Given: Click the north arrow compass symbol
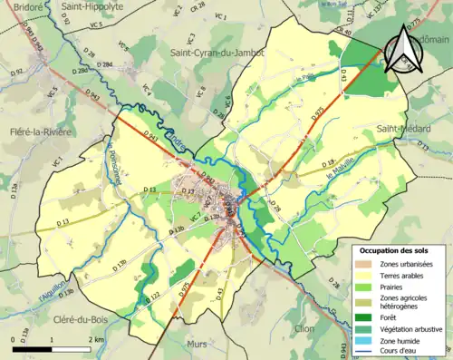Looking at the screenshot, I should click(401, 47).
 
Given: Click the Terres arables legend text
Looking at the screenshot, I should click(404, 274).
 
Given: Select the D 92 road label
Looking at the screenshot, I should click(17, 70).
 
